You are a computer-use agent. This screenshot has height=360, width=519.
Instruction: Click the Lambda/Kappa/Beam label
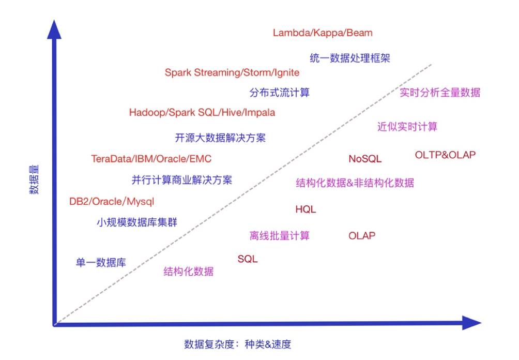(x=323, y=33)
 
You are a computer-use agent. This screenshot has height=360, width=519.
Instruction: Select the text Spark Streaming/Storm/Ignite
(x=232, y=72)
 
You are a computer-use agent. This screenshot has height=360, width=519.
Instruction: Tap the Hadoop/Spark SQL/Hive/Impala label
(x=202, y=112)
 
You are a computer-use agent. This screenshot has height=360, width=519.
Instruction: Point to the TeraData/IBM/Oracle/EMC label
(x=151, y=159)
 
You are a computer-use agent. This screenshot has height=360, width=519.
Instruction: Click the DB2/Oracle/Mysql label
(x=112, y=201)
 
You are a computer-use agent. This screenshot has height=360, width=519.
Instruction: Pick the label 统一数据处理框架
(x=350, y=58)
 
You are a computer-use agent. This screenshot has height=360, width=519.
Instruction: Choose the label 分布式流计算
(x=280, y=93)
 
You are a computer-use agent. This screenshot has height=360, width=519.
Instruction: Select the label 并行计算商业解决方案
(x=182, y=180)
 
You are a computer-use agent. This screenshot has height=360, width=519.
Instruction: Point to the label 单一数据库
(x=101, y=262)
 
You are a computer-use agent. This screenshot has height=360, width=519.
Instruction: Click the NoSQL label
(x=365, y=159)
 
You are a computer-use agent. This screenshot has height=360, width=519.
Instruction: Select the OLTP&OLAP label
(x=445, y=155)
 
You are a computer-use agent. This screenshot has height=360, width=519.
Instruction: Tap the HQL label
(x=306, y=209)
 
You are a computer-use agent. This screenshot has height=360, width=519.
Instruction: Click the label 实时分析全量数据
(x=440, y=93)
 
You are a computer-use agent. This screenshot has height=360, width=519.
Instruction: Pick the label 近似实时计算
(x=407, y=127)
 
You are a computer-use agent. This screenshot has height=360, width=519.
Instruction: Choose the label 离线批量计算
(x=280, y=236)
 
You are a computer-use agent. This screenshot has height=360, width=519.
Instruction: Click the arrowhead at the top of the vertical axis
(x=54, y=29)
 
